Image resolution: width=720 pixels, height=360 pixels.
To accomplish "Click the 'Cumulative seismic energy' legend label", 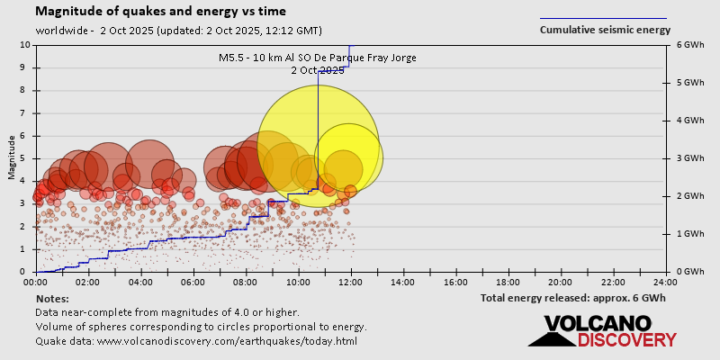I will point(604,30).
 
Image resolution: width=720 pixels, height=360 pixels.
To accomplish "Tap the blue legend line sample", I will point(603,18).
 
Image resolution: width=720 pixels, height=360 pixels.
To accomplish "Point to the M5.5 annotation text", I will point(318,58).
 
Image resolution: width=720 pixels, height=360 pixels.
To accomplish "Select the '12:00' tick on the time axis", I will point(351,281).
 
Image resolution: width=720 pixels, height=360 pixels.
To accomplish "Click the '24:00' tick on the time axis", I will point(665,281).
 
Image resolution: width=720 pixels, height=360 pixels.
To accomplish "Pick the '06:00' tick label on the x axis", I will point(193,281).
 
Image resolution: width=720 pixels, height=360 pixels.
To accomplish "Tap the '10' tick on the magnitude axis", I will point(26,45).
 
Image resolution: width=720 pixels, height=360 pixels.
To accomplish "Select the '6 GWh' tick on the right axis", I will point(690,45).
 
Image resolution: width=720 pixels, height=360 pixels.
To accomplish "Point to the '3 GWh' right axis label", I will point(690,158).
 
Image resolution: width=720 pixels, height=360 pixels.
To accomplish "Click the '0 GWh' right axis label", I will point(690,272).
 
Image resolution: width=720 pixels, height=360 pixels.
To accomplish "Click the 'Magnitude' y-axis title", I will point(12,158).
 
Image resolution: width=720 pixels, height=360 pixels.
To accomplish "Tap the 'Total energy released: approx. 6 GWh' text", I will point(572,298).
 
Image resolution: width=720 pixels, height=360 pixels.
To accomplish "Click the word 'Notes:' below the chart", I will point(52,298).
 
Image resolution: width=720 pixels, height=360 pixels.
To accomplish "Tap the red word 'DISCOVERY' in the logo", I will point(626,340).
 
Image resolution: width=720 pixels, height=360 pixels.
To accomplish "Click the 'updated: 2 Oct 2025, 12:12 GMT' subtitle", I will point(239,30).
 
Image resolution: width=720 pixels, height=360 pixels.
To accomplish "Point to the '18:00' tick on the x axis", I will point(508,281).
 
